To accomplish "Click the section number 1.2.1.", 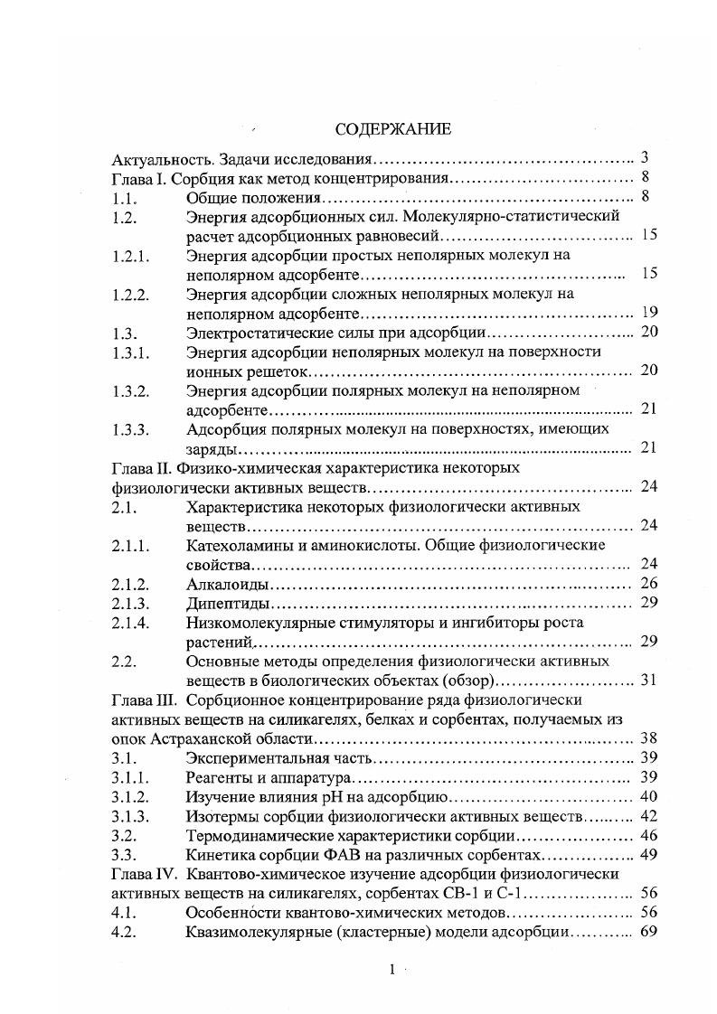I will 129,256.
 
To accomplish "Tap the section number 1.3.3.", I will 129,428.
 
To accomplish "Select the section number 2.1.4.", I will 129,623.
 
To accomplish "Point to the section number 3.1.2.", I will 129,796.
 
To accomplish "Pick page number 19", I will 647,313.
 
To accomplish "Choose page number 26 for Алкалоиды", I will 647,584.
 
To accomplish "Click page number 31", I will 647,681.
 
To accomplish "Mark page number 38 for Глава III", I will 647,739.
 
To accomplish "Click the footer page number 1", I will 392,970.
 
